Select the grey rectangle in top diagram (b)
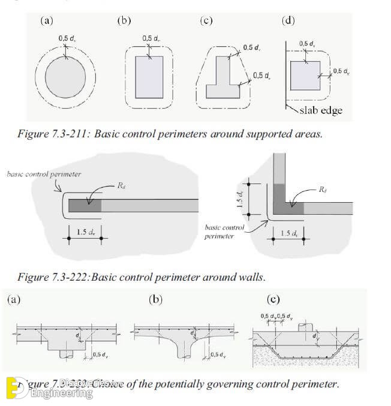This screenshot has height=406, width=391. click(x=149, y=77)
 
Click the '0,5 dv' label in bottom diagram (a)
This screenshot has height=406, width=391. click(x=101, y=354)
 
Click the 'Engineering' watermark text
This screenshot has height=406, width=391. click(x=62, y=393)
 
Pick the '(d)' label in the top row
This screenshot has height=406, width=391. click(x=288, y=20)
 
